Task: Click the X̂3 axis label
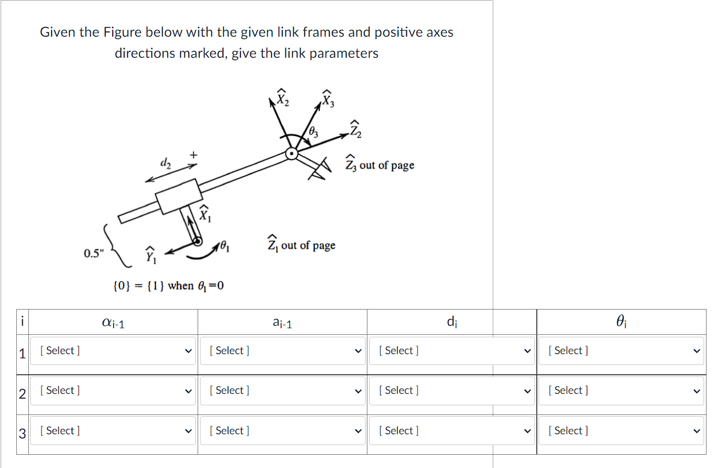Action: tap(327, 97)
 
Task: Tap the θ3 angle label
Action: tap(313, 131)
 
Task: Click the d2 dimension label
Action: tap(164, 163)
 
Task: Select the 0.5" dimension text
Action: tap(93, 253)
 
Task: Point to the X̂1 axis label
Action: tap(205, 213)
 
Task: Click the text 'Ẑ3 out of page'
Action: tap(379, 164)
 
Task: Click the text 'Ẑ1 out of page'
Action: tap(301, 245)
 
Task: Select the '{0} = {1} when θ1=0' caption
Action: tap(169, 285)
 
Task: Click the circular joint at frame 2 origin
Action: tap(292, 154)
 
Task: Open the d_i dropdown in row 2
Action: tap(452, 390)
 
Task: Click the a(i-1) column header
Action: tap(282, 323)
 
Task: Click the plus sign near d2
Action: tap(193, 155)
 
